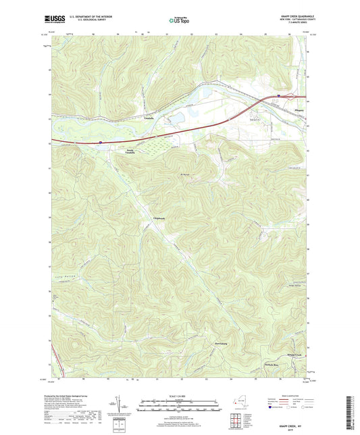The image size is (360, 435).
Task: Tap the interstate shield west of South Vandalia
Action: click(100, 142)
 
